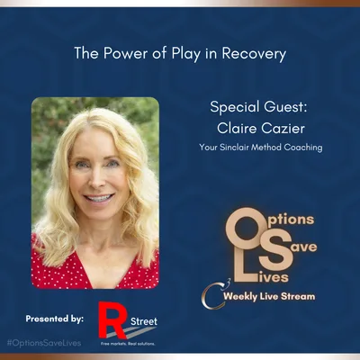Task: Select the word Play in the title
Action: tap(178, 54)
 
